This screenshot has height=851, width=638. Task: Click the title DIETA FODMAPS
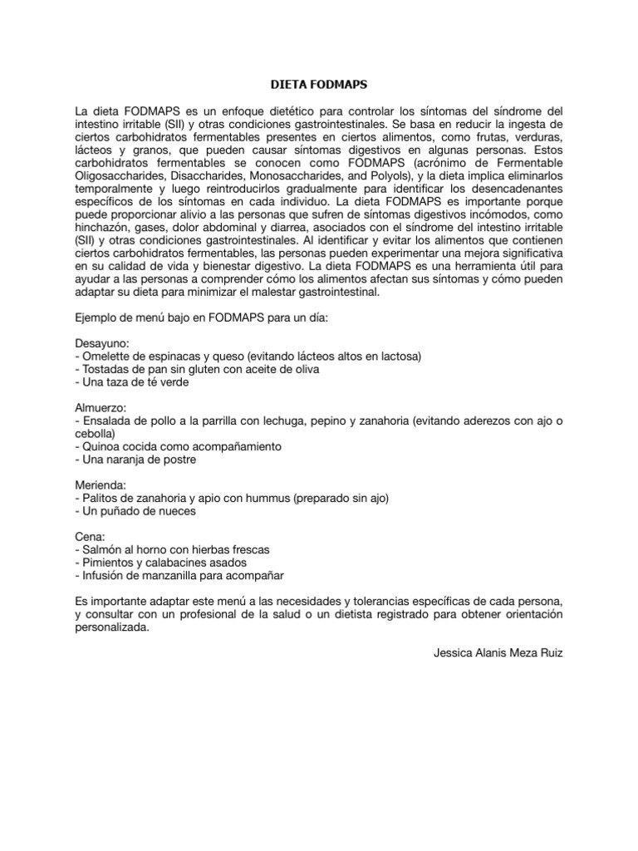(x=319, y=84)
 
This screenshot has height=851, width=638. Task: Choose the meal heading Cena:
(x=89, y=538)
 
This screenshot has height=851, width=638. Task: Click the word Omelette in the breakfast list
(x=106, y=356)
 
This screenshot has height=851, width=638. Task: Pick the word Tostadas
(x=106, y=369)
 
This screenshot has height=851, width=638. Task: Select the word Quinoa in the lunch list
(x=101, y=446)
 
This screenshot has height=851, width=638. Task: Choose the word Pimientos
(x=108, y=563)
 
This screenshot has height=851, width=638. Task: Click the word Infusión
(x=104, y=575)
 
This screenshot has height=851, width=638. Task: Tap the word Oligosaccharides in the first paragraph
(x=117, y=176)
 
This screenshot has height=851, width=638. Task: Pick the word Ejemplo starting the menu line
(x=97, y=317)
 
